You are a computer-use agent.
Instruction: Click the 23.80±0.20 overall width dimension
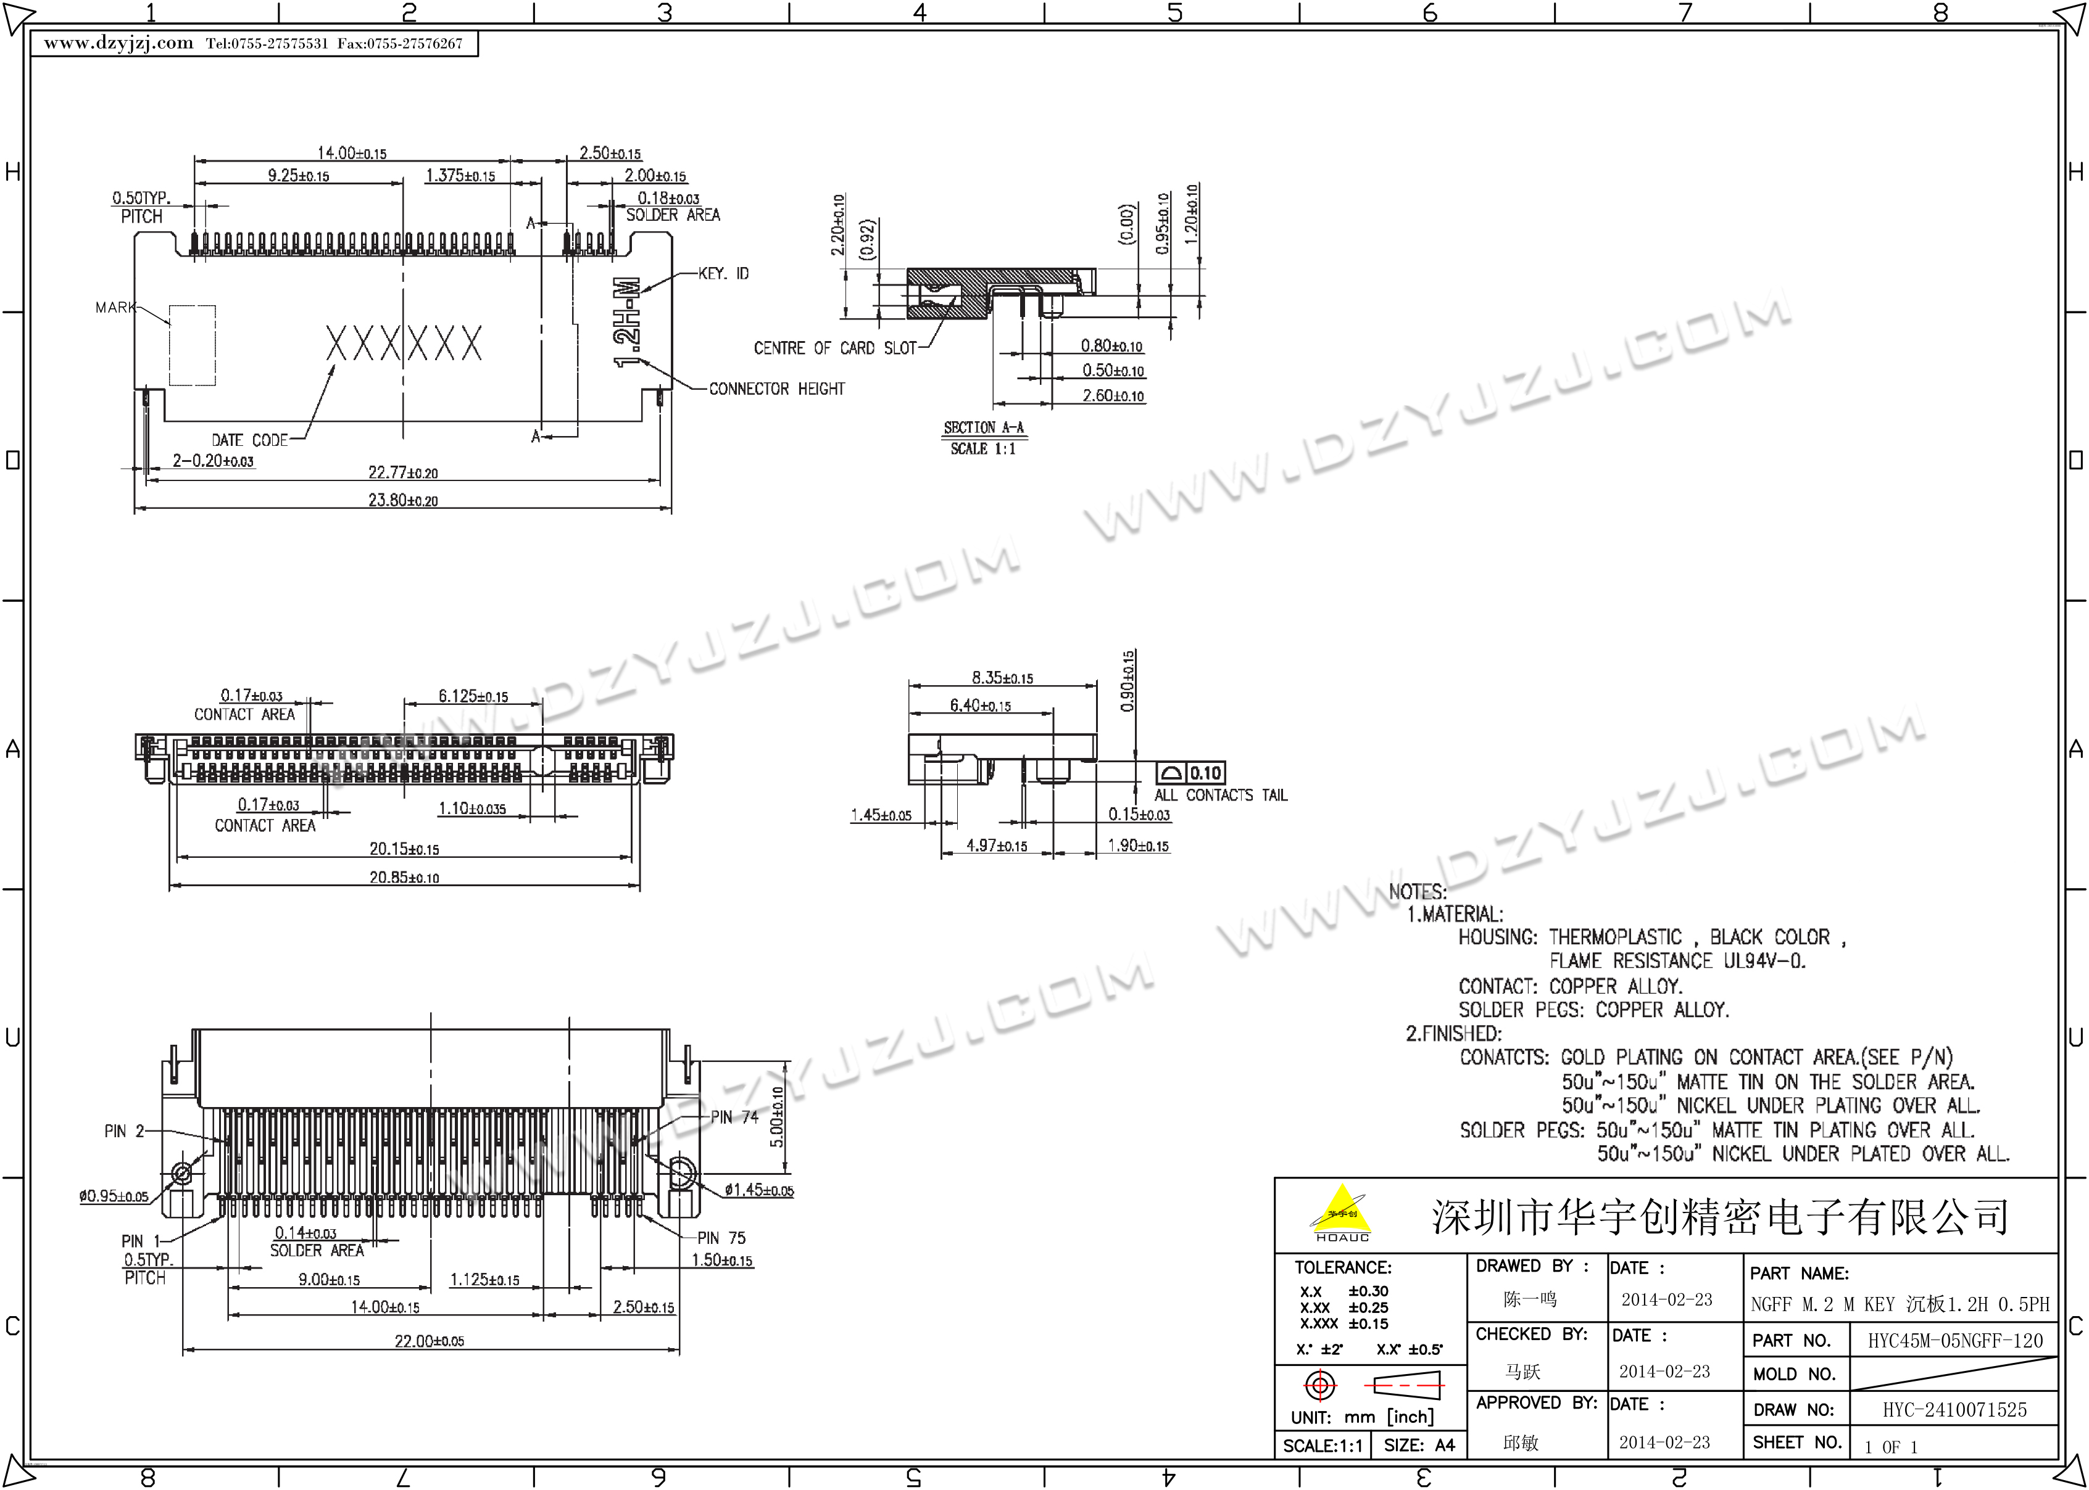click(x=403, y=500)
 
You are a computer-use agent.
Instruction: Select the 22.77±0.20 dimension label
click(x=403, y=472)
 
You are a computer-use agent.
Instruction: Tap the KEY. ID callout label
click(x=723, y=273)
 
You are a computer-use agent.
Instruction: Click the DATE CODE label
click(x=250, y=440)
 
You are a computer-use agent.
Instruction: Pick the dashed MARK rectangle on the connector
click(x=193, y=345)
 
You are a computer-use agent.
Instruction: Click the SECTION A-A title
click(x=983, y=427)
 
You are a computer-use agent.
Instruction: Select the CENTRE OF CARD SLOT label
click(x=835, y=348)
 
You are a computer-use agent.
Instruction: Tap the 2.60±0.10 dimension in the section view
click(x=1113, y=395)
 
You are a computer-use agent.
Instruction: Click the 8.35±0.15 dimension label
click(x=1002, y=678)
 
